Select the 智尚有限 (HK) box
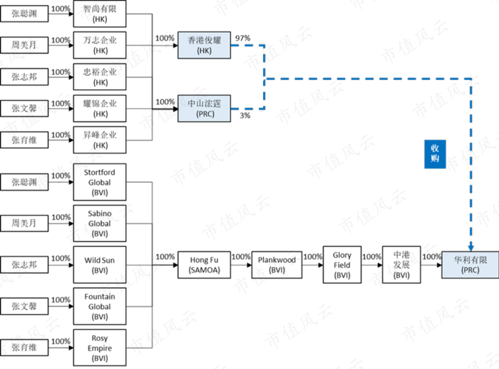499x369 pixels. point(99,14)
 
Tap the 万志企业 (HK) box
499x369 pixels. point(99,46)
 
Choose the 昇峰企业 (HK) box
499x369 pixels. point(99,140)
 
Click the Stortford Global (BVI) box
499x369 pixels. point(99,183)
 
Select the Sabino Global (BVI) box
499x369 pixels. point(99,223)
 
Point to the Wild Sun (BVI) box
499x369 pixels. point(99,266)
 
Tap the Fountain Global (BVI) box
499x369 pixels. point(99,305)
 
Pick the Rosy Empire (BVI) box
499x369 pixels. point(99,348)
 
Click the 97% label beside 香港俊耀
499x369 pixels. point(242,37)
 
